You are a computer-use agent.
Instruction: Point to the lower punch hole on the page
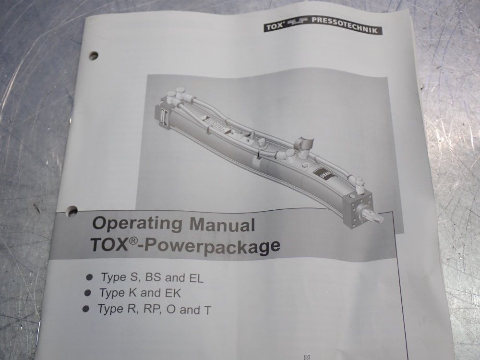[x=72, y=210]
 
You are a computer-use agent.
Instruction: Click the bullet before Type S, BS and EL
[x=89, y=277]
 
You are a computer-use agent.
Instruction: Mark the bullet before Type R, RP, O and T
[x=85, y=309]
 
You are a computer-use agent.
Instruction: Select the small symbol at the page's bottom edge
[x=306, y=357]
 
